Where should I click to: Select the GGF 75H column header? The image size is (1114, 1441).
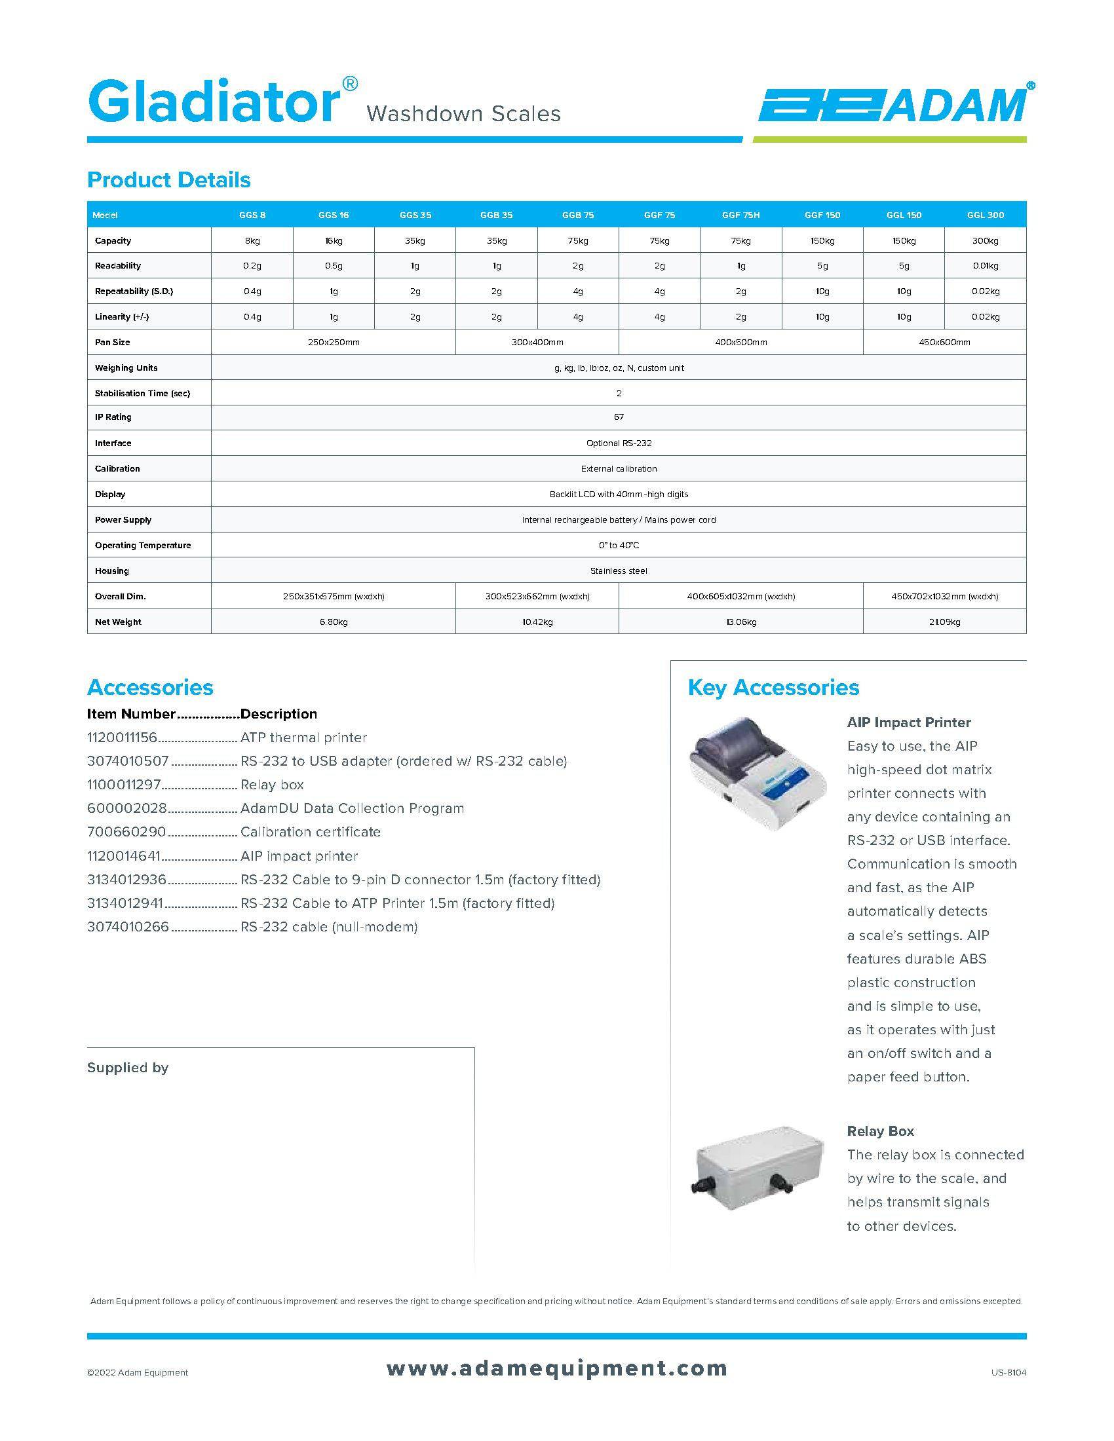tap(740, 215)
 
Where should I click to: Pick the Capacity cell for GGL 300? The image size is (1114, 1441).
tap(985, 241)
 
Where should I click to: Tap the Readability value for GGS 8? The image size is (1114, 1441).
tap(252, 266)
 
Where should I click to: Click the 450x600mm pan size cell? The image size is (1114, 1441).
tap(944, 343)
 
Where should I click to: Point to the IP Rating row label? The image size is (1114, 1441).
tap(113, 417)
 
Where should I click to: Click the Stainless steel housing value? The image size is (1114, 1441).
tap(619, 571)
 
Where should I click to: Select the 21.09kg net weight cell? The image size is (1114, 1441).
tap(944, 622)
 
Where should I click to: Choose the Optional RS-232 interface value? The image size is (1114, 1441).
tap(619, 443)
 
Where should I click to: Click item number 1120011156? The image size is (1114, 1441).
tap(122, 738)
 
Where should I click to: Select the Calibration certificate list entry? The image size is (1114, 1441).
tap(310, 832)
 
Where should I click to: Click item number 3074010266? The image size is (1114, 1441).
tap(128, 927)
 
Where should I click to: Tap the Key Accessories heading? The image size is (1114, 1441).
tap(773, 688)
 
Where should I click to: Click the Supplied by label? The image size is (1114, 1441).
tap(128, 1068)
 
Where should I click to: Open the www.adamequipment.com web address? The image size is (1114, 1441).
tap(556, 1368)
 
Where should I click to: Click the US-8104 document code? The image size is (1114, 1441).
tap(1008, 1373)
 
